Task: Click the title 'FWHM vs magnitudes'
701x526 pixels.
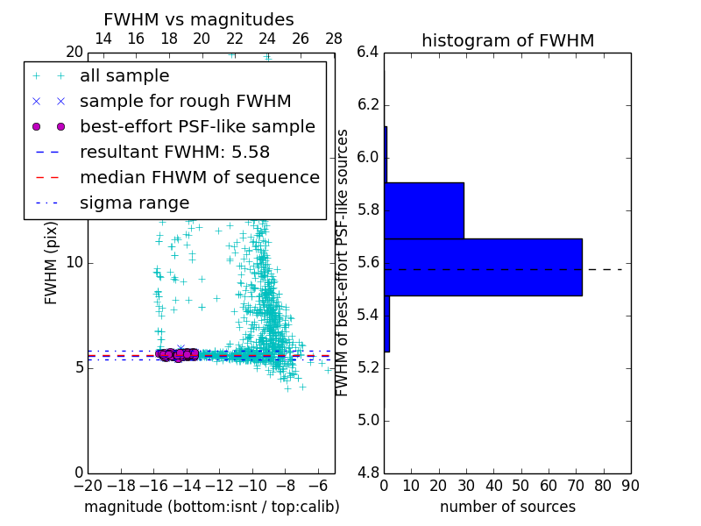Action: point(198,19)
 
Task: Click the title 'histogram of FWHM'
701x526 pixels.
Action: point(507,40)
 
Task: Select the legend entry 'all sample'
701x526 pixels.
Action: point(124,76)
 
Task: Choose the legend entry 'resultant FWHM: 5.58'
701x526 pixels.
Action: point(174,152)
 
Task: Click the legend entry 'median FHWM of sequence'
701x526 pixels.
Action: point(199,177)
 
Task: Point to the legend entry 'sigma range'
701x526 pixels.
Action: point(134,203)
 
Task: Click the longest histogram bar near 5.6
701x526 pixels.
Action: point(483,267)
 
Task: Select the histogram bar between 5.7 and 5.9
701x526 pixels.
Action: point(424,210)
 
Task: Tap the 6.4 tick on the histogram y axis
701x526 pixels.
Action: point(367,53)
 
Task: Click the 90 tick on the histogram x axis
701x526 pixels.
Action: point(630,485)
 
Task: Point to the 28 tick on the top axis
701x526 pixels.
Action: point(334,39)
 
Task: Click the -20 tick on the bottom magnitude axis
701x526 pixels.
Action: point(88,485)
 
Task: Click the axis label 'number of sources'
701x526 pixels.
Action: point(507,507)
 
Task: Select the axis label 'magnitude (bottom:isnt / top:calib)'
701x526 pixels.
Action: point(211,507)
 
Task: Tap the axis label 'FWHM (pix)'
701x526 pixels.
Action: point(52,262)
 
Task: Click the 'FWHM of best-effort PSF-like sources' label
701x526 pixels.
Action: point(343,262)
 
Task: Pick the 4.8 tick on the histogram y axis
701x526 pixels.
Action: point(367,473)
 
